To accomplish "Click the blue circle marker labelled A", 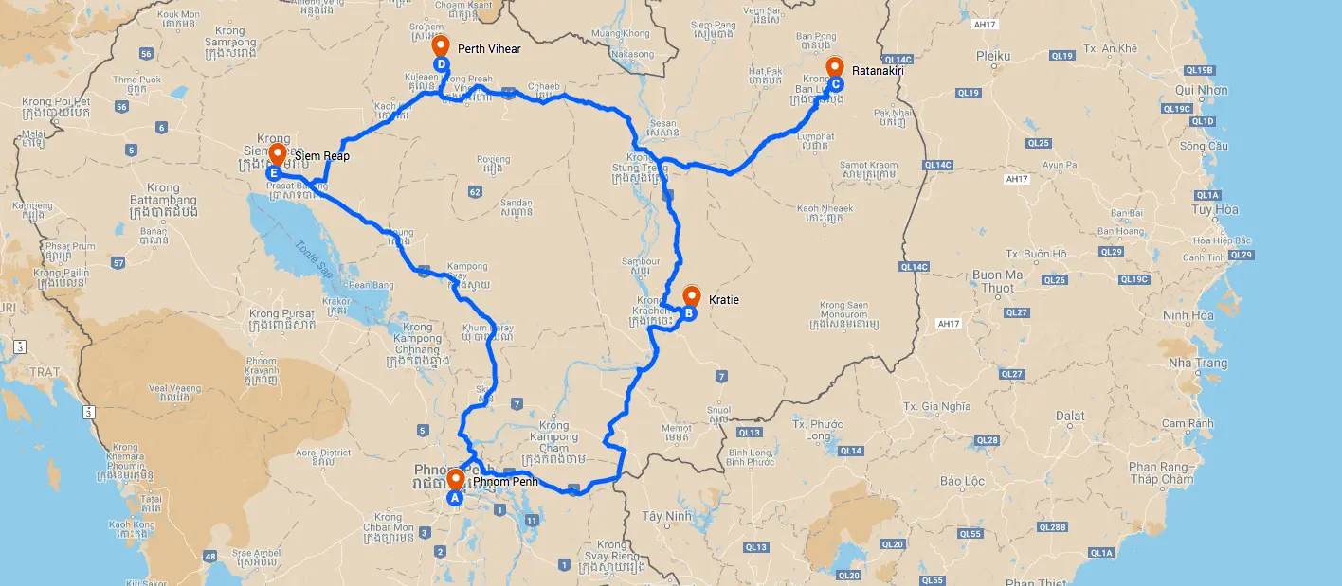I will pyautogui.click(x=454, y=496).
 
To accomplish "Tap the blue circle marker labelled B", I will pyautogui.click(x=690, y=313).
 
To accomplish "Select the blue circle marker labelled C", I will pyautogui.click(x=836, y=84).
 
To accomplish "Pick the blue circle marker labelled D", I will pyautogui.click(x=441, y=63).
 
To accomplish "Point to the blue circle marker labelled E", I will pyautogui.click(x=273, y=173).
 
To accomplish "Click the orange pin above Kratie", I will pyautogui.click(x=691, y=294).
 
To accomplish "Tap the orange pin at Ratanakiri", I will pyautogui.click(x=835, y=66).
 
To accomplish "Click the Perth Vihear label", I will pyautogui.click(x=489, y=48).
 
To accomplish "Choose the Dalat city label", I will pyautogui.click(x=1069, y=416).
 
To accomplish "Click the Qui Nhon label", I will pyautogui.click(x=1201, y=91).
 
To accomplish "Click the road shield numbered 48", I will pyautogui.click(x=209, y=556).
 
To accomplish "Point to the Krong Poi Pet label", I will pyautogui.click(x=58, y=101).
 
